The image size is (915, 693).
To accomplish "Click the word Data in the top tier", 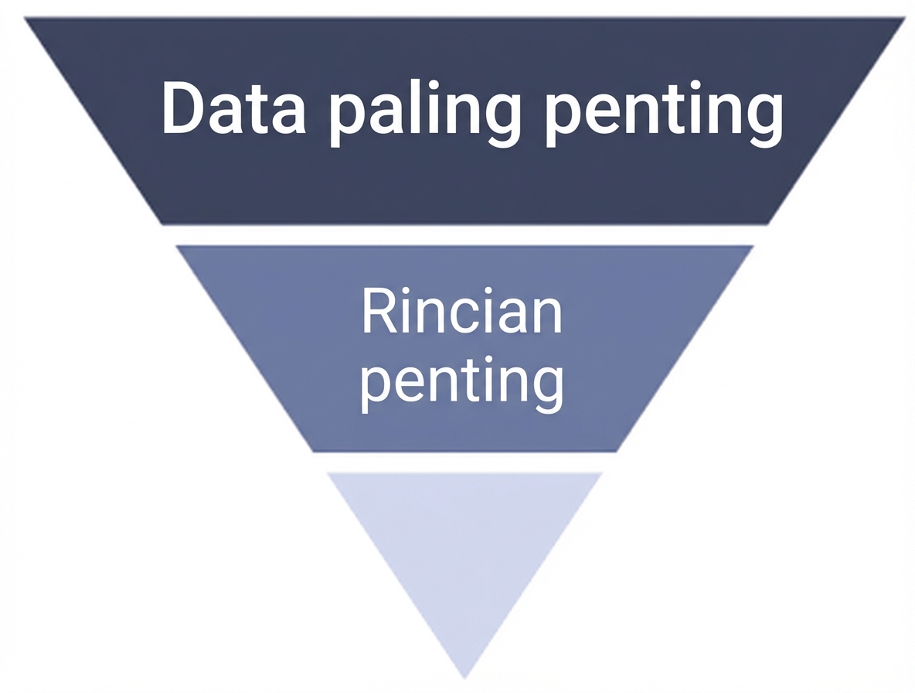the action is click(x=233, y=109).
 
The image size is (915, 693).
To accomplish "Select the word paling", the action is click(x=424, y=114).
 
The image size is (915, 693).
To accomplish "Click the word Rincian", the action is click(x=461, y=311).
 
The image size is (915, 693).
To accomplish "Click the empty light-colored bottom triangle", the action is click(x=464, y=543).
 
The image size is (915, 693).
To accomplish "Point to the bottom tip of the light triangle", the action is click(x=464, y=679).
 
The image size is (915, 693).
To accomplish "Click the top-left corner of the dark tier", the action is click(x=25, y=18).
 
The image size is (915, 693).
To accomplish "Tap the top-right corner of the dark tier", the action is click(x=906, y=18).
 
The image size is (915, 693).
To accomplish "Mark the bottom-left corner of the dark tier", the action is click(x=162, y=224).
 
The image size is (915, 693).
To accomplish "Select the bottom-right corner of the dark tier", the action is click(x=768, y=224).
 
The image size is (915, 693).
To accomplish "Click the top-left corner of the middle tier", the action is click(x=176, y=247).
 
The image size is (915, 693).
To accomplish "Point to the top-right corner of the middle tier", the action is click(x=754, y=247).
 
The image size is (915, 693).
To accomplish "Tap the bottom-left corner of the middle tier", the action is click(x=313, y=451).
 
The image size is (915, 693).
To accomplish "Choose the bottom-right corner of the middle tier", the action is click(x=617, y=451).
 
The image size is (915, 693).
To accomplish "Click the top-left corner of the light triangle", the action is click(x=327, y=473).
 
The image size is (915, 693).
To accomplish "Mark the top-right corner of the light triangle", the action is click(x=602, y=473).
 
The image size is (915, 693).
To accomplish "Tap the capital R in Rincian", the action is click(x=379, y=311).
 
